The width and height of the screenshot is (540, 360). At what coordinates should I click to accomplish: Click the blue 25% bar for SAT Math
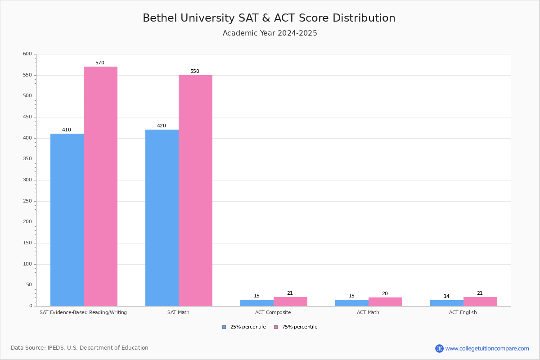coord(162,218)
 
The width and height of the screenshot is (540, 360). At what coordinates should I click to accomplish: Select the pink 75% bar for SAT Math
coord(195,191)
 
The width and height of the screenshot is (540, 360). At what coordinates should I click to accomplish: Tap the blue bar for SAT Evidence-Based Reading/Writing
coord(67,220)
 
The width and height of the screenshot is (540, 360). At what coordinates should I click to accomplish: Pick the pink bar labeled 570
coord(100,186)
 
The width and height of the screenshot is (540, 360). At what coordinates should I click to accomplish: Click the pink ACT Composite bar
coord(291,301)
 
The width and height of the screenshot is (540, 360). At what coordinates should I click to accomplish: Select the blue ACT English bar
coord(447,303)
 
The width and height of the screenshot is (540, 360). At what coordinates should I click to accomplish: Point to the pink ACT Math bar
coord(386,302)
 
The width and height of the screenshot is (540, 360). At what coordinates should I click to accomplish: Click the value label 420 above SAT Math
coord(162,126)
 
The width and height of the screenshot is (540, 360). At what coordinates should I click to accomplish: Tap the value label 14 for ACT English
coord(446,296)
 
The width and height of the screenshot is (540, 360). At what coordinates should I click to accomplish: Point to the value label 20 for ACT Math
coord(385,293)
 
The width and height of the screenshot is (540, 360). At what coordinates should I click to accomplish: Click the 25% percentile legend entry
coord(244,327)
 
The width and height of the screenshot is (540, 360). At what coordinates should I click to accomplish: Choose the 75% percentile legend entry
coord(296,327)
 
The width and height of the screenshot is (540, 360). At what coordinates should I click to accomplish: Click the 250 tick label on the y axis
coord(27,201)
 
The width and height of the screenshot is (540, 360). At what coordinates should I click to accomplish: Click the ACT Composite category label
coord(273,312)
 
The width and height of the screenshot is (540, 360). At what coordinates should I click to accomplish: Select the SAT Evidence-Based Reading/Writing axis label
coord(83,312)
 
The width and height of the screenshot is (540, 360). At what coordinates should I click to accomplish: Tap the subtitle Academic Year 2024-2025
coord(270,33)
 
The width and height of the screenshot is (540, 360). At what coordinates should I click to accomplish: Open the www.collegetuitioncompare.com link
coord(487,348)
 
